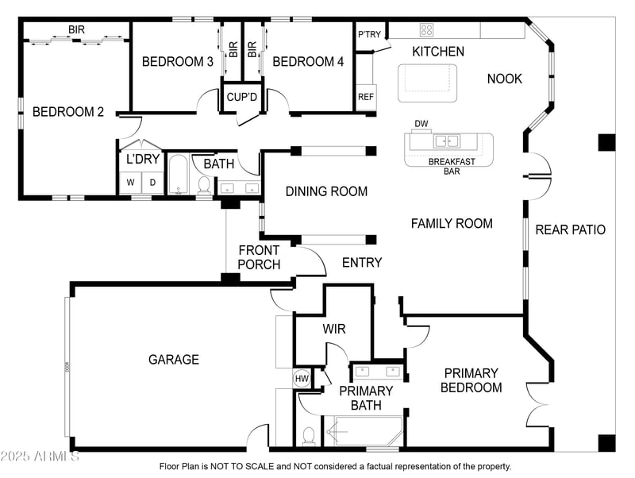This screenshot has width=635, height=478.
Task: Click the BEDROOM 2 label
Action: coord(68,112)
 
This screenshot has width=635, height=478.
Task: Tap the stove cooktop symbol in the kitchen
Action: coord(426,31)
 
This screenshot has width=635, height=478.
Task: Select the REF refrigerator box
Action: coord(366,96)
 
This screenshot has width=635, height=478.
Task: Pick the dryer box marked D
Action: coord(153,182)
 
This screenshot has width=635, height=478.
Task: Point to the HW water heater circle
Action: coord(302,379)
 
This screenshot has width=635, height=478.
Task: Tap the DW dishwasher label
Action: coord(421,124)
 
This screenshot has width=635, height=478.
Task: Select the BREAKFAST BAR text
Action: coord(452,165)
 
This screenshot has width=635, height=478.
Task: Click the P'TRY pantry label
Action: coord(370,34)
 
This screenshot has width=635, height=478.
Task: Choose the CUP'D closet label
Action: coord(242,97)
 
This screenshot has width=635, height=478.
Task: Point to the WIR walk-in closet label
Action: coord(334,329)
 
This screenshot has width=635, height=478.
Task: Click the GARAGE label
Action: coord(174,360)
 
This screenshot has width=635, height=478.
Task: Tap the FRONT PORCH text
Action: coord(259,257)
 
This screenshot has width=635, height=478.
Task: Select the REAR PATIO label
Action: coord(570,229)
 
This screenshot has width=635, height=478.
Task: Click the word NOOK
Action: coord(505,79)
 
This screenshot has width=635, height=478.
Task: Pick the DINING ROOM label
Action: coord(326,191)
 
